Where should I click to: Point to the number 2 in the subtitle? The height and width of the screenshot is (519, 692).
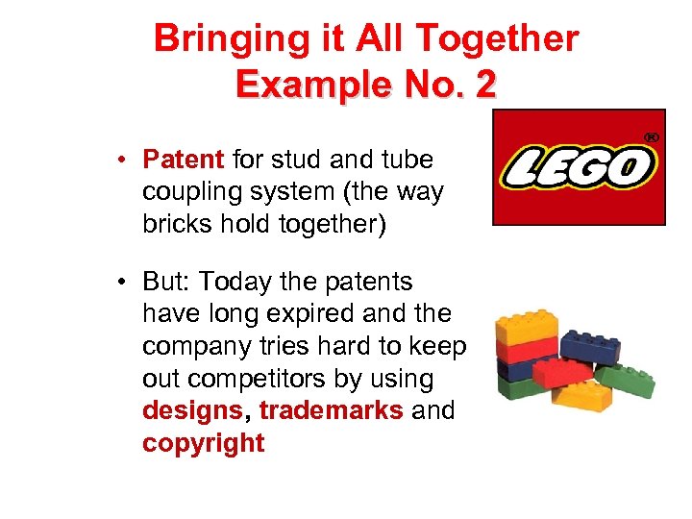pos(484,86)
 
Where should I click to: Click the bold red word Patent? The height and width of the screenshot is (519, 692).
pos(184,159)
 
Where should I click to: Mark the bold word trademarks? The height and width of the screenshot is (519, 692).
pos(331,411)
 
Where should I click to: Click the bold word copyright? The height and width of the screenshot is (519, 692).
pos(203,443)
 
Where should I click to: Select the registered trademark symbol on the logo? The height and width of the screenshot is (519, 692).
pos(650,137)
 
